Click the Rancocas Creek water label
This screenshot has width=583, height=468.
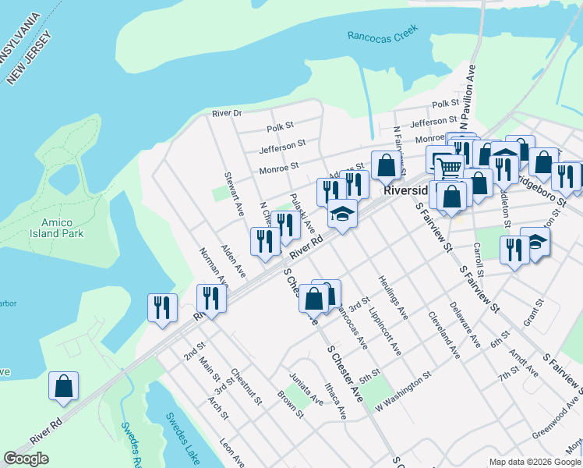383,32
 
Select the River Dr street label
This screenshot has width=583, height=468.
227,114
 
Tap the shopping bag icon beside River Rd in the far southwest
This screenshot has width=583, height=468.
63,386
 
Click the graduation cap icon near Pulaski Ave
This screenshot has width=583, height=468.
341,212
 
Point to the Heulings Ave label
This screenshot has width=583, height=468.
394,297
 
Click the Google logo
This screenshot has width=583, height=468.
26,459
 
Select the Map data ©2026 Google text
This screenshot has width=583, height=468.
535,462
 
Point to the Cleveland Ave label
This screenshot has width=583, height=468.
443,335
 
